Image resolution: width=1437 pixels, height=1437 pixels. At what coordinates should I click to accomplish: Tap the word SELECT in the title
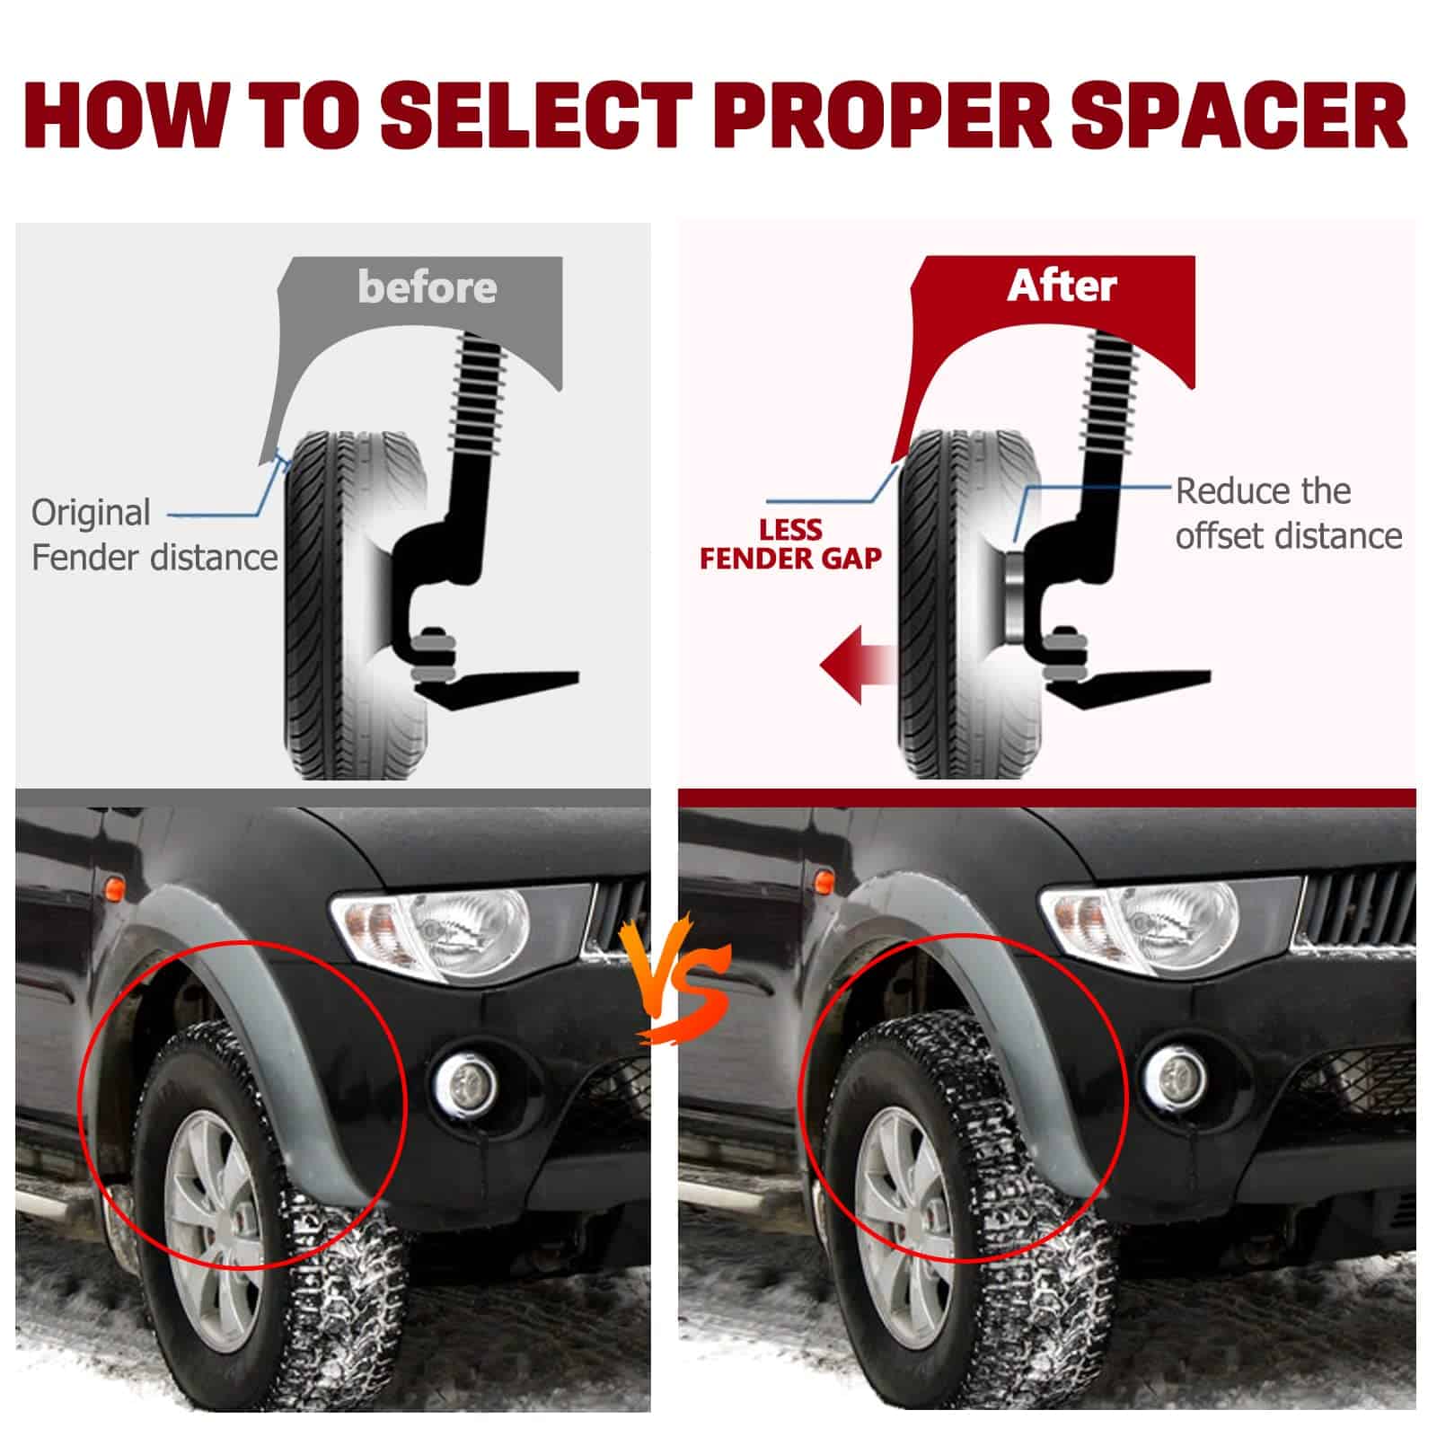coord(536,116)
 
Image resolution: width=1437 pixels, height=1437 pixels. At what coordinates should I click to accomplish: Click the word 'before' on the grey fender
coord(427,287)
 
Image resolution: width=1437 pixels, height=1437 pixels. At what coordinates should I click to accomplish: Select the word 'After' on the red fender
coord(1062,286)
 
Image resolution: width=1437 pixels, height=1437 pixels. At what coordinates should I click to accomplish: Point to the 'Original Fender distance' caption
coord(154,535)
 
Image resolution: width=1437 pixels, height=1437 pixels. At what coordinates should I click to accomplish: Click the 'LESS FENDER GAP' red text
coord(790,544)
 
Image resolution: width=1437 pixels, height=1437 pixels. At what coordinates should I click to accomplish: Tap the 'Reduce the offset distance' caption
coord(1289,514)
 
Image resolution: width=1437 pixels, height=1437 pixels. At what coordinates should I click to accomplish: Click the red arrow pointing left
coord(858,666)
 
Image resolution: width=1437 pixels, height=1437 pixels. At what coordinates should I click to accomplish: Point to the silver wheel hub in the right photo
coord(904,1226)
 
